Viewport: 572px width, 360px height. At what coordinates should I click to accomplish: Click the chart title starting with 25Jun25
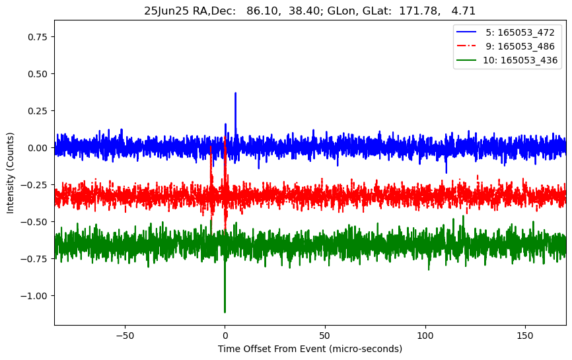point(310,11)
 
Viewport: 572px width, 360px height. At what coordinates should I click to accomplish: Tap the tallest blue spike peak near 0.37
point(235,93)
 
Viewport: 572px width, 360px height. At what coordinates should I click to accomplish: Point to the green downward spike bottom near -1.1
point(225,312)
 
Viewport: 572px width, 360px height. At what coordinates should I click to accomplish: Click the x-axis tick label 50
point(325,336)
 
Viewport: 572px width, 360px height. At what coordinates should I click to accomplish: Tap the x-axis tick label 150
point(525,336)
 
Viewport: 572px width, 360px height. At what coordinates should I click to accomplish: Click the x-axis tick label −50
point(124,336)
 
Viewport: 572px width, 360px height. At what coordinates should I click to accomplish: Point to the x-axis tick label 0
point(225,336)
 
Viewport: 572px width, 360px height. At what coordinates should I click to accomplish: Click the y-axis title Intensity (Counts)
point(11,172)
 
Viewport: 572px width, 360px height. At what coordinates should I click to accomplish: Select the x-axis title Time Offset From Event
point(310,349)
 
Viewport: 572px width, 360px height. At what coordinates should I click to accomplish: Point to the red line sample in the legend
point(466,46)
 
